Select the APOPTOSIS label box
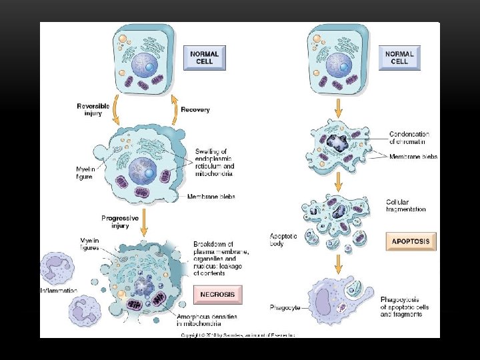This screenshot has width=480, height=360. (x=411, y=241)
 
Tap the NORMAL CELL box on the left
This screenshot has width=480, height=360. (x=205, y=57)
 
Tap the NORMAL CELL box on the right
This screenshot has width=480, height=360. (x=400, y=57)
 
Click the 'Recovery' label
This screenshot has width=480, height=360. (x=195, y=109)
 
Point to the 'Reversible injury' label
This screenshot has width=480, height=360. (x=93, y=109)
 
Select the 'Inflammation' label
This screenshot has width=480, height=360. (x=59, y=291)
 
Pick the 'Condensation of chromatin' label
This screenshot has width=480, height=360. (x=409, y=138)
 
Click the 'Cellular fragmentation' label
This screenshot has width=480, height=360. (x=406, y=205)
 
